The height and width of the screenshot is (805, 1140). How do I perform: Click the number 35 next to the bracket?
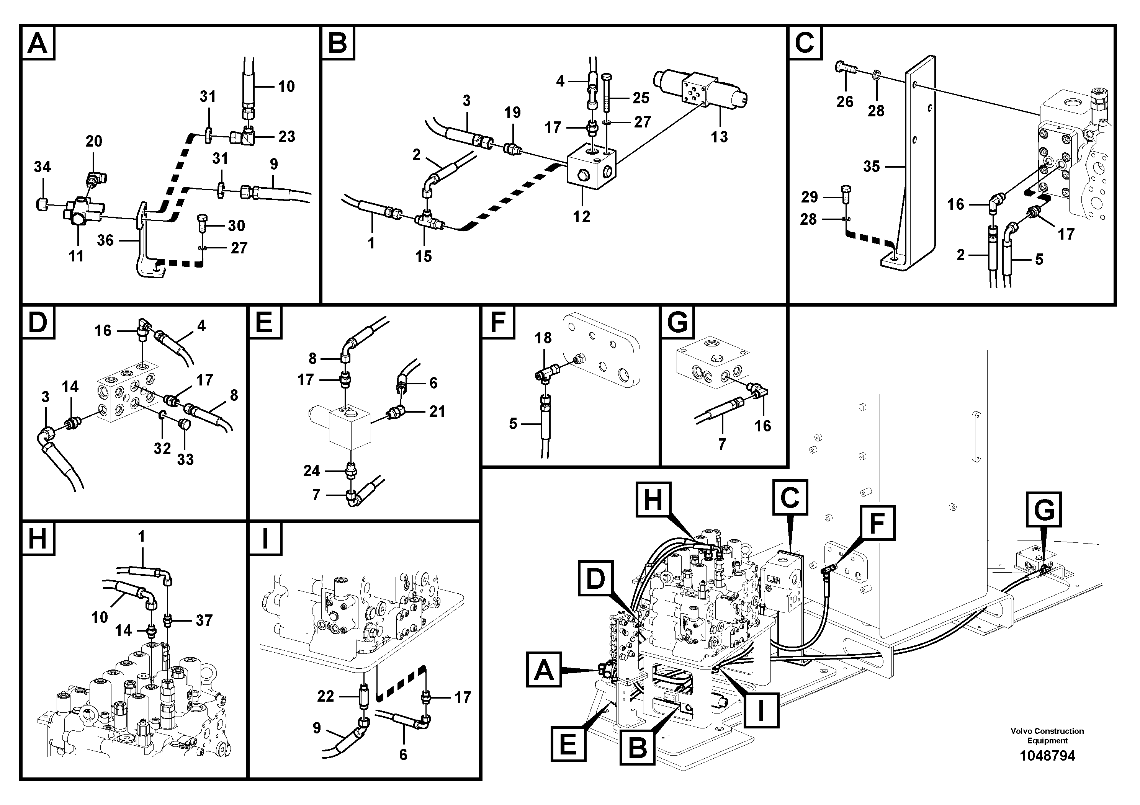pyautogui.click(x=872, y=166)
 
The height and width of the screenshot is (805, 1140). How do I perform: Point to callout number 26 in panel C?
pyautogui.click(x=845, y=102)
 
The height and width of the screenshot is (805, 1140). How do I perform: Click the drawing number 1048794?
pyautogui.click(x=1047, y=756)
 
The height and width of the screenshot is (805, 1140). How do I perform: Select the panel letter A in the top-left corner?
pyautogui.click(x=38, y=44)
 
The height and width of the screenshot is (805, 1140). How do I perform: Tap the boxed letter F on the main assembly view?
pyautogui.click(x=877, y=523)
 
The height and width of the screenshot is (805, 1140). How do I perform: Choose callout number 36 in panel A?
pyautogui.click(x=105, y=240)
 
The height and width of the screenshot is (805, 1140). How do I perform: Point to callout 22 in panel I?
pyautogui.click(x=326, y=696)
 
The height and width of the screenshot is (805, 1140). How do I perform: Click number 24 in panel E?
pyautogui.click(x=312, y=470)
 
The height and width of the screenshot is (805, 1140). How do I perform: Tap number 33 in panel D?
pyautogui.click(x=185, y=460)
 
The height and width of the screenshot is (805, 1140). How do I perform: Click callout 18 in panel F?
pyautogui.click(x=543, y=338)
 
